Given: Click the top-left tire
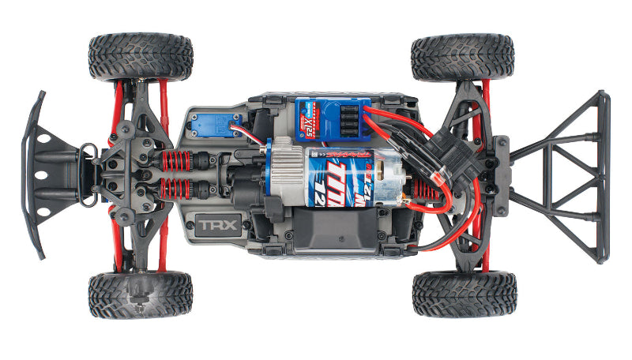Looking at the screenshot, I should coord(140,57).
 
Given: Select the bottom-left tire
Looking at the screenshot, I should coord(140,294).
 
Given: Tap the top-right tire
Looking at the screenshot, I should coord(462,57).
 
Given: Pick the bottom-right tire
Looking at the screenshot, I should coord(464,294).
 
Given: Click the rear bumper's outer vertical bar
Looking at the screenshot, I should coord(604,177).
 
